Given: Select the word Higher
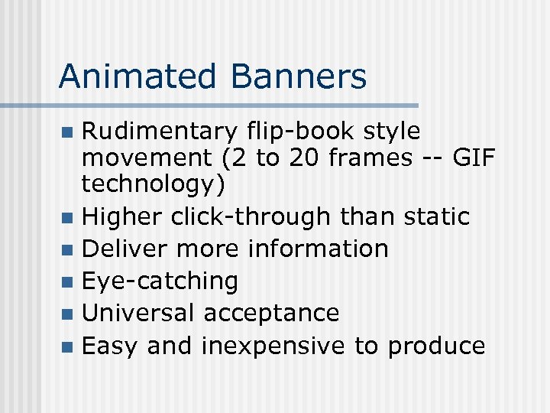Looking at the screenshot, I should pyautogui.click(x=122, y=217).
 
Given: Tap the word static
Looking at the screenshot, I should pyautogui.click(x=436, y=217).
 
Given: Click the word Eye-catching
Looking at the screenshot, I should pyautogui.click(x=160, y=281).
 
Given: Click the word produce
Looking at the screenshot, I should pyautogui.click(x=436, y=346).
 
